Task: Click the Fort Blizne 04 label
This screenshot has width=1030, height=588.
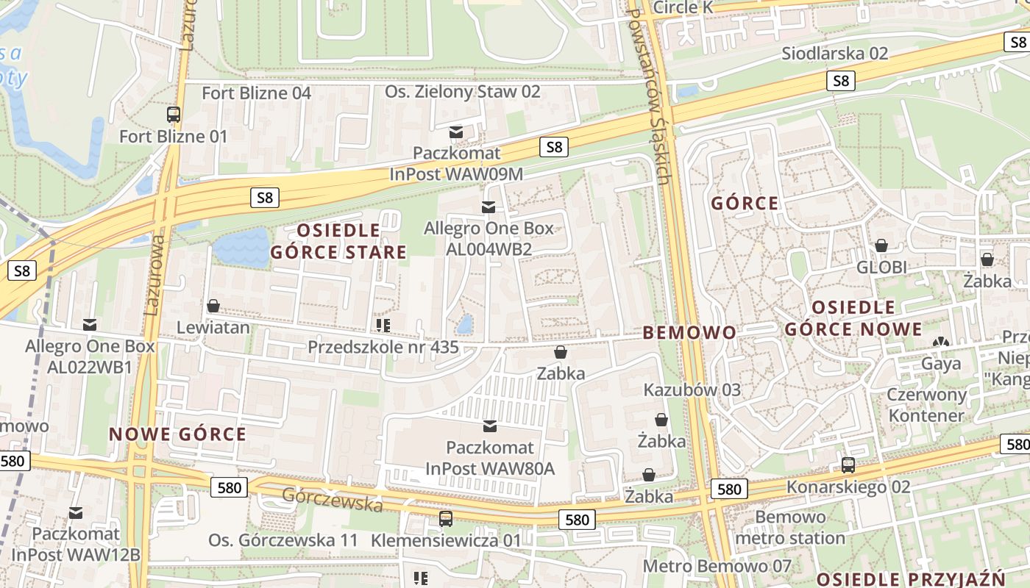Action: point(256,93)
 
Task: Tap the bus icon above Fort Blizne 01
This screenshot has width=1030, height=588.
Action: point(174,115)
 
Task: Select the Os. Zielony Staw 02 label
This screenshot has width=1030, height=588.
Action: point(463,92)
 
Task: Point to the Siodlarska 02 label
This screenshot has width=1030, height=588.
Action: point(834,53)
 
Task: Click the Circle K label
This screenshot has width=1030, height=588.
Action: point(683,7)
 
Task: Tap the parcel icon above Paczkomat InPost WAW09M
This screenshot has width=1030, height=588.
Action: point(456,132)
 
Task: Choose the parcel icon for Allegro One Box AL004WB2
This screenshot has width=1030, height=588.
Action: point(489,207)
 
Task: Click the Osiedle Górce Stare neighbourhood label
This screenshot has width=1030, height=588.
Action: point(338,242)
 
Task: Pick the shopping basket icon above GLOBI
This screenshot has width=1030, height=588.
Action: point(881,245)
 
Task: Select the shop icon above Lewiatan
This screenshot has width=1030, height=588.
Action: point(213,306)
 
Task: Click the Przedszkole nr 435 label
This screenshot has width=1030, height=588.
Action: point(383,346)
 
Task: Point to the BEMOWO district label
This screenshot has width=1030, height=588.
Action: point(689,333)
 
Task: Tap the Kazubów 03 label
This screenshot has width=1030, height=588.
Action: point(692,390)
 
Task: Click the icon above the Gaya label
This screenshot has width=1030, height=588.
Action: point(940,343)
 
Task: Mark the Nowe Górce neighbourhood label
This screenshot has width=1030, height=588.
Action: point(178,434)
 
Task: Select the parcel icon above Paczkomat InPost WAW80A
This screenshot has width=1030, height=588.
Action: point(489,426)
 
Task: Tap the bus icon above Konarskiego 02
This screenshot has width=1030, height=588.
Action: point(848,465)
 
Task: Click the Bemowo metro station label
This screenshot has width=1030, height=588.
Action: point(790,528)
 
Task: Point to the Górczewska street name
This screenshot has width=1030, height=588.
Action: point(333,500)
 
